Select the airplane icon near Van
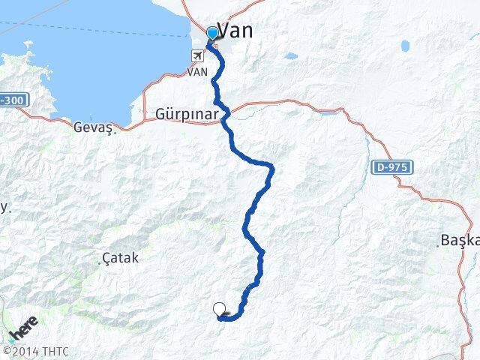point(198,55)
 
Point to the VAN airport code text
point(196,73)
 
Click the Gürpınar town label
point(187,114)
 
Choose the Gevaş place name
point(92,128)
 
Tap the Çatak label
point(121,258)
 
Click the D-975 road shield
point(391,167)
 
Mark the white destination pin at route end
point(220,309)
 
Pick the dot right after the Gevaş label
point(116,129)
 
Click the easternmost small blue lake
point(406,46)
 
